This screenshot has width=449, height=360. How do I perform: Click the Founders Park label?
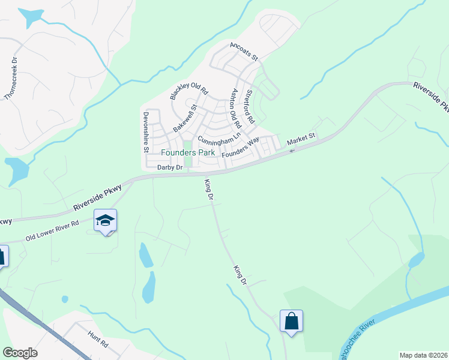[187, 152]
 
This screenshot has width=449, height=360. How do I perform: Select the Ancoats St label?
[243, 52]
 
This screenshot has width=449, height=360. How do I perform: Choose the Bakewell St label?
[185, 119]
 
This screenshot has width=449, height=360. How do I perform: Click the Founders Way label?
[240, 147]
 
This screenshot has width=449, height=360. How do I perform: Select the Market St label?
[301, 140]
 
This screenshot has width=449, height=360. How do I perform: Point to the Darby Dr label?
[169, 167]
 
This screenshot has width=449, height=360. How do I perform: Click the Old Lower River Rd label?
[52, 231]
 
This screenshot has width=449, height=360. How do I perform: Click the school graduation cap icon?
[105, 220]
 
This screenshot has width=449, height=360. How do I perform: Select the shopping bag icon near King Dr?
[291, 321]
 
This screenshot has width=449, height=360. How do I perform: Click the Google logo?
[20, 353]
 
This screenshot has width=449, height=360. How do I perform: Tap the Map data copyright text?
[424, 355]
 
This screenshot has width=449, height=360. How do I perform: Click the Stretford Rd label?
[251, 106]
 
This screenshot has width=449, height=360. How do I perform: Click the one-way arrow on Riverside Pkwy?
[292, 151]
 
